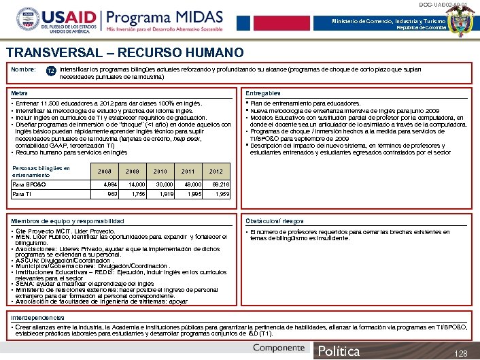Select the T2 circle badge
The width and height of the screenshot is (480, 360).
pos(51,71)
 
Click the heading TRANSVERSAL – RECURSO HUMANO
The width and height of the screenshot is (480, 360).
pos(124,52)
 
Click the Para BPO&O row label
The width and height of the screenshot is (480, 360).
pos(29,184)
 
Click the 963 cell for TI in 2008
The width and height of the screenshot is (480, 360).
pos(112,194)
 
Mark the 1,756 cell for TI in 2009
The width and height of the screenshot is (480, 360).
pos(138,194)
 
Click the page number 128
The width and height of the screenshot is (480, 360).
pos(461,353)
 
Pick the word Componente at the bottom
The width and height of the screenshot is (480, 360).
pos(279,348)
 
